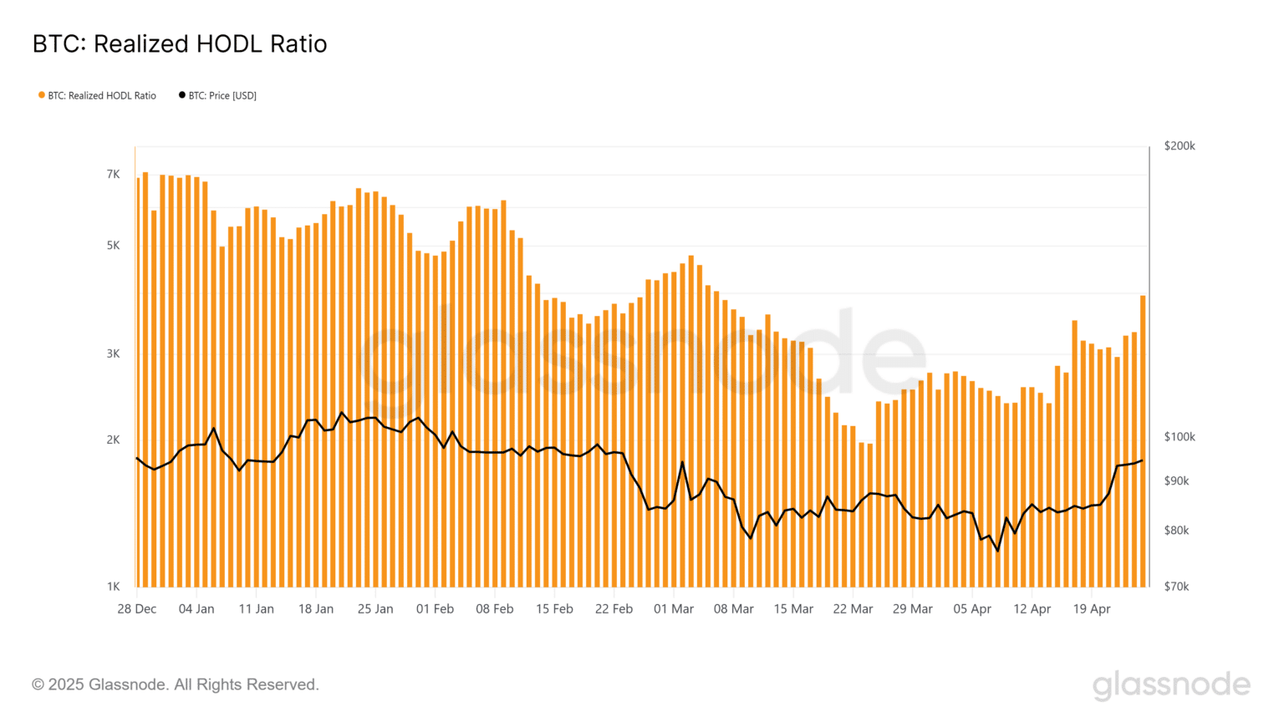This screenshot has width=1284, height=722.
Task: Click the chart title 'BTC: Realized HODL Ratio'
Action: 180,44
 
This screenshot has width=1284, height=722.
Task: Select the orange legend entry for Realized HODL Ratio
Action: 97,95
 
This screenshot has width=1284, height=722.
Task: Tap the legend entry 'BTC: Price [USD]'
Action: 218,95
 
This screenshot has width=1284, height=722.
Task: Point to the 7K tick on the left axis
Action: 113,174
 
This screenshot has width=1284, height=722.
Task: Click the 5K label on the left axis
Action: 113,246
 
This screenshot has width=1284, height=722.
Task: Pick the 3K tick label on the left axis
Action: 113,353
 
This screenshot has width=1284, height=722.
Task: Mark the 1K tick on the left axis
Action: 113,587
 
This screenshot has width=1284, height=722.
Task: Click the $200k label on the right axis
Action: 1180,145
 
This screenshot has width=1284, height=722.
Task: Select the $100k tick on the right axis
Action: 1180,437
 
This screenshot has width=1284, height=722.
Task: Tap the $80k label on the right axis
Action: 1176,531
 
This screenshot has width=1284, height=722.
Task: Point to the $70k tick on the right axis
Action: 1176,587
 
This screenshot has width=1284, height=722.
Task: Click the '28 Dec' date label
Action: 137,609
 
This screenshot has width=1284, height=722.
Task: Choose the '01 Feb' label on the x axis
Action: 435,609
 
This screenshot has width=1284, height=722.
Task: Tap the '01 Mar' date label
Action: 674,609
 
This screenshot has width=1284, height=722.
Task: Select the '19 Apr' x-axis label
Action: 1092,609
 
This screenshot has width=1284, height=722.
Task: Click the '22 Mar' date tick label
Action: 853,609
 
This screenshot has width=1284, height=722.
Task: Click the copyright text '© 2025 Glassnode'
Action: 176,685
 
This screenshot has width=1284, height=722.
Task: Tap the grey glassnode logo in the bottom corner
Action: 1171,684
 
